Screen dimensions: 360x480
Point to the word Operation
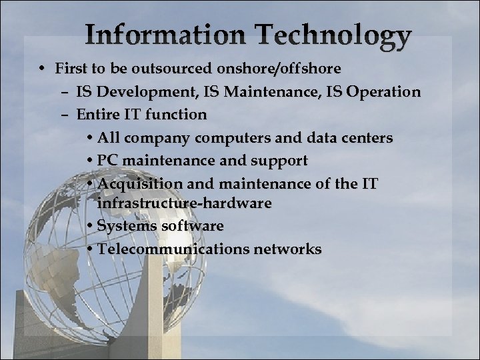(385, 91)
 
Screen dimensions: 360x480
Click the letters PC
(107, 161)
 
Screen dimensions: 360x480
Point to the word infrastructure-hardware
(184, 203)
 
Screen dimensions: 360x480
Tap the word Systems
(122, 226)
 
